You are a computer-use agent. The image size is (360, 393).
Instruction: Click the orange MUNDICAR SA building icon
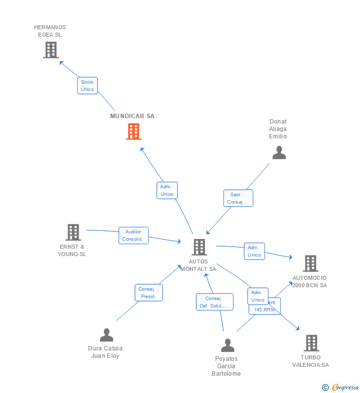[x=134, y=131]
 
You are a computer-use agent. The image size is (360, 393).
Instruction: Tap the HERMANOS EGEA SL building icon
[x=51, y=50]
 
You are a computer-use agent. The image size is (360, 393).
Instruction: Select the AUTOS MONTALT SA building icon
[x=199, y=247]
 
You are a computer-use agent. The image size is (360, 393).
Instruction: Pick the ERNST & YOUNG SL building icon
[x=73, y=232]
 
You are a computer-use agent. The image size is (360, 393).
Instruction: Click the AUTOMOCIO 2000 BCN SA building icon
[x=310, y=263]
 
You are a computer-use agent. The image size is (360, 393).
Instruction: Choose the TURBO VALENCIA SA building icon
[x=311, y=343]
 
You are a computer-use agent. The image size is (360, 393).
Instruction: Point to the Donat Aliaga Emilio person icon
[x=279, y=153]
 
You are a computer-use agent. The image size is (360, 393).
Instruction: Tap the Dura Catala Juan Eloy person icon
[x=106, y=335]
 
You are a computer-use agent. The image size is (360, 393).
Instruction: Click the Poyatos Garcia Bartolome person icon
[x=227, y=345]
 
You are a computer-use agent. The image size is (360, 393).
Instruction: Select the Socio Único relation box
[x=88, y=86]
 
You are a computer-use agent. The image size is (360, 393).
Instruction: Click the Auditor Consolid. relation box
[x=134, y=235]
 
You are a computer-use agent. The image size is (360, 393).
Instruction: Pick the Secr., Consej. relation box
[x=238, y=198]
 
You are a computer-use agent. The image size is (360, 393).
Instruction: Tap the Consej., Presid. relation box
[x=148, y=293]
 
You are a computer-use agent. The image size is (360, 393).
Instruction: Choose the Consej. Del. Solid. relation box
[x=214, y=302]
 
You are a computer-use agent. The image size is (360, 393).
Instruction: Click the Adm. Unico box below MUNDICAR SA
[x=167, y=190]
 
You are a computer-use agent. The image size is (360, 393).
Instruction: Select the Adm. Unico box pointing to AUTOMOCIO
[x=254, y=251]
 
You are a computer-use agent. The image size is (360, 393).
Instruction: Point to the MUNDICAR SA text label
[x=132, y=116]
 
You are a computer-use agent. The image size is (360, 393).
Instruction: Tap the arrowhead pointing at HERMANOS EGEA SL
[x=61, y=62]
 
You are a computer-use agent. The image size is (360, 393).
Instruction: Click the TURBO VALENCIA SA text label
[x=310, y=361]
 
